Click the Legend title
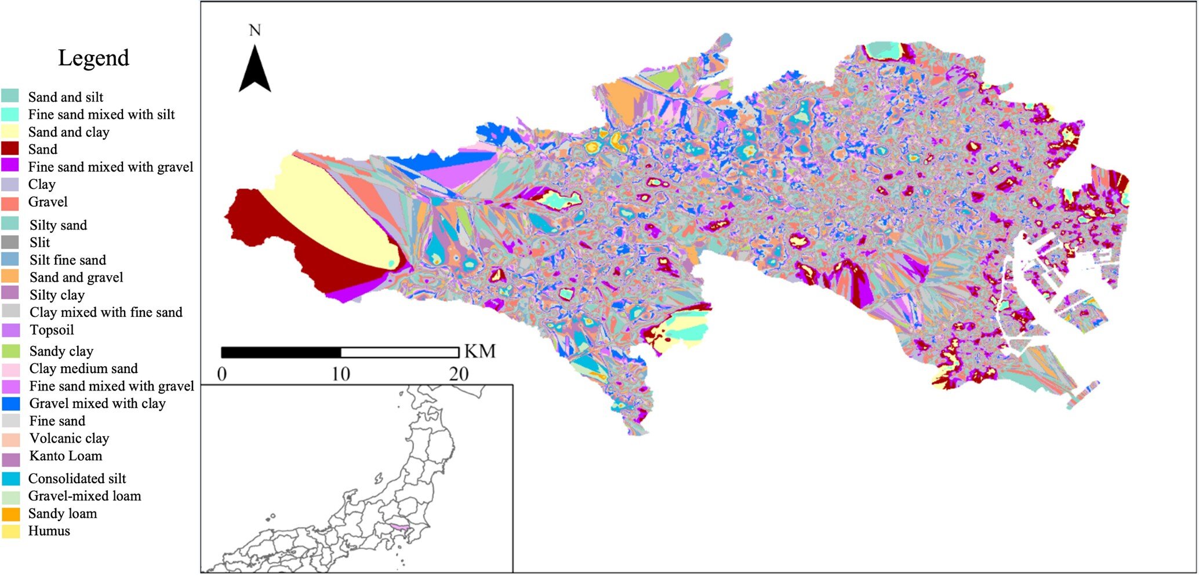[x=93, y=58]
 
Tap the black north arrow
[x=255, y=70]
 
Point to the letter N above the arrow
[x=255, y=30]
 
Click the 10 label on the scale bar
[x=341, y=374]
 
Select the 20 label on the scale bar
[x=459, y=374]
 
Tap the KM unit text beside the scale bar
[x=480, y=351]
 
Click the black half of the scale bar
[x=281, y=352]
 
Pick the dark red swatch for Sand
[x=10, y=149]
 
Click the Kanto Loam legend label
[x=66, y=456]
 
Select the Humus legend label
[x=49, y=531]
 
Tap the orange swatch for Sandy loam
[x=10, y=514]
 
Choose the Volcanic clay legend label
[x=69, y=439]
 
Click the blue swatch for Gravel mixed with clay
[x=10, y=403]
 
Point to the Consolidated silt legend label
[x=77, y=479]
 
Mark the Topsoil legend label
[x=52, y=330]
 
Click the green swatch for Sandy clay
[x=10, y=351]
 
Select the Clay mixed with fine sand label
[x=106, y=312]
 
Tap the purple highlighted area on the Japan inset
[x=399, y=527]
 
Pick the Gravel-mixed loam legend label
[x=84, y=496]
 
